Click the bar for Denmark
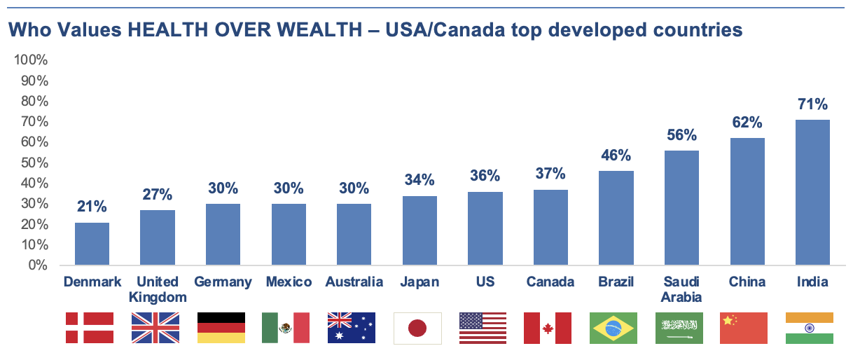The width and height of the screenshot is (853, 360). [x=92, y=244]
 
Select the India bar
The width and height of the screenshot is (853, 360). [x=812, y=193]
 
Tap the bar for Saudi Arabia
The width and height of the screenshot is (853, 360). [x=681, y=208]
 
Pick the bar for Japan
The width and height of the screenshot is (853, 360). [x=419, y=230]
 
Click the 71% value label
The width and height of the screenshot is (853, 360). [x=812, y=105]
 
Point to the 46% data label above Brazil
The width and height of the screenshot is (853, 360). [x=616, y=155]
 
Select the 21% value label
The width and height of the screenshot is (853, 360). [x=92, y=207]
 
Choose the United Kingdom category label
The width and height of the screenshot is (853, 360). [x=158, y=289]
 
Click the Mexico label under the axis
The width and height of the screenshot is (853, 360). [x=289, y=282]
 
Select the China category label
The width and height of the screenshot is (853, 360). [x=747, y=282]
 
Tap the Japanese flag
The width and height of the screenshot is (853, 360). [x=417, y=328]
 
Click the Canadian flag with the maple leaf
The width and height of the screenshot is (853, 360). [x=548, y=328]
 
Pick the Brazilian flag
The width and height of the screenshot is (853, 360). [x=613, y=328]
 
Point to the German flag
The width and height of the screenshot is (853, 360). [x=221, y=328]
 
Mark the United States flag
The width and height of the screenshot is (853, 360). [x=483, y=328]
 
